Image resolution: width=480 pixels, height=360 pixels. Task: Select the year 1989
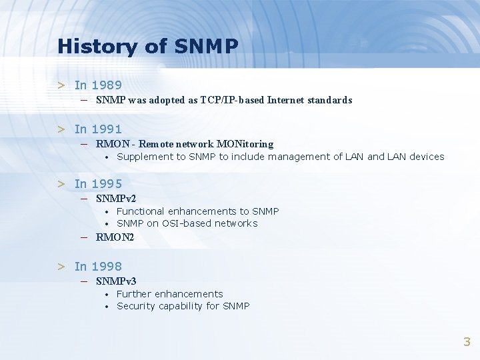tap(107, 85)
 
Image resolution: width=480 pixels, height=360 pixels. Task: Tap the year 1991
tap(107, 129)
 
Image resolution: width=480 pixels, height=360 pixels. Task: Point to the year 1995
tap(107, 184)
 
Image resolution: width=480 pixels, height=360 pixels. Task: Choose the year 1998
tap(107, 267)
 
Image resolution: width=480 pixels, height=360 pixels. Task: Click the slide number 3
tap(467, 342)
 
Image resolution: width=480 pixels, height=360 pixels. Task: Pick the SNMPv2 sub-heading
tap(116, 199)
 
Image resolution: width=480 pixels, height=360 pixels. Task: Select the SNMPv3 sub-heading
tap(116, 281)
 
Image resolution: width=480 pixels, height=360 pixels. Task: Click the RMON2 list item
tap(115, 237)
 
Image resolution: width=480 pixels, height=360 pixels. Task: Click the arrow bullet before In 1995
tap(61, 184)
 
